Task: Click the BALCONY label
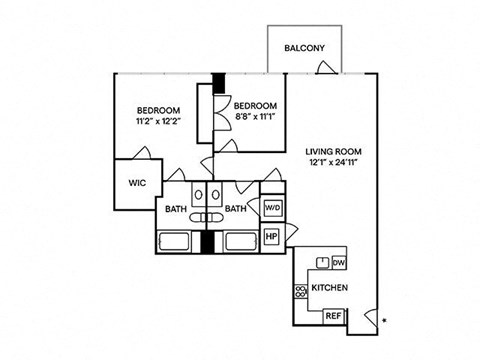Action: pyautogui.click(x=304, y=48)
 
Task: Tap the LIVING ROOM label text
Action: pyautogui.click(x=333, y=152)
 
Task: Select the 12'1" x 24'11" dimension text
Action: pyautogui.click(x=333, y=163)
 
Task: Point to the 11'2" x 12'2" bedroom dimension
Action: pyautogui.click(x=158, y=121)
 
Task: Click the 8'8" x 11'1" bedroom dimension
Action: pyautogui.click(x=255, y=117)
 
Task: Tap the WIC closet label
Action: pyautogui.click(x=137, y=183)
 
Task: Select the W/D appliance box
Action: pyautogui.click(x=273, y=208)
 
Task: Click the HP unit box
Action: pyautogui.click(x=272, y=236)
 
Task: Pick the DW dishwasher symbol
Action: pyautogui.click(x=339, y=263)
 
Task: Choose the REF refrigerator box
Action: pyautogui.click(x=334, y=316)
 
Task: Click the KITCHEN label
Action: pyautogui.click(x=330, y=288)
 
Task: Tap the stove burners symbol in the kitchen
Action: pyautogui.click(x=300, y=292)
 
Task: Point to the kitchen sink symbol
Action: pyautogui.click(x=322, y=263)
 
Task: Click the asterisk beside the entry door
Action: pyautogui.click(x=384, y=321)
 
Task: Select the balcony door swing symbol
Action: pyautogui.click(x=327, y=67)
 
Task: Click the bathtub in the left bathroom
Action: pyautogui.click(x=174, y=242)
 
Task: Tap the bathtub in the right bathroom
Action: pyautogui.click(x=241, y=242)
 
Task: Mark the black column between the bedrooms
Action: pyautogui.click(x=219, y=83)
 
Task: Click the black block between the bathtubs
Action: pyautogui.click(x=207, y=242)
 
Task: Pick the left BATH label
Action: pyautogui.click(x=176, y=209)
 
